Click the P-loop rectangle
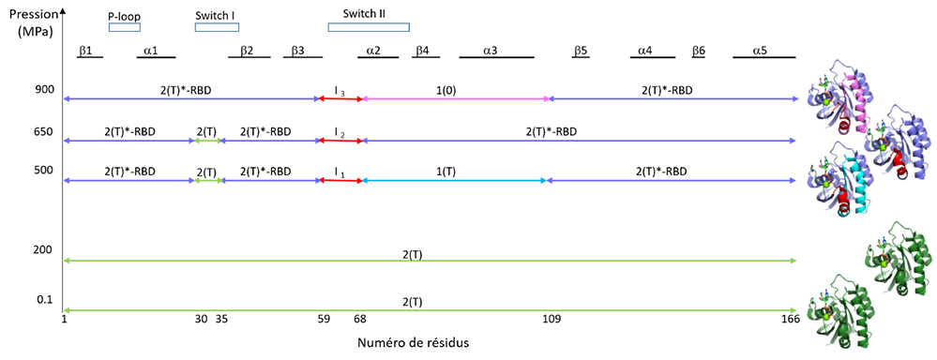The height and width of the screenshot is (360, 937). (x=125, y=27)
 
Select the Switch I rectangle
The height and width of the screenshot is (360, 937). (x=217, y=27)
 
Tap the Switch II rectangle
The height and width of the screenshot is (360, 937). (x=369, y=27)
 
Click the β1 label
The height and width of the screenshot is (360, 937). (x=85, y=50)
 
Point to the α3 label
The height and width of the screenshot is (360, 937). (x=491, y=50)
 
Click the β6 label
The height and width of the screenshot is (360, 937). (x=699, y=50)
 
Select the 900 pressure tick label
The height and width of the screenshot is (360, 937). (x=45, y=90)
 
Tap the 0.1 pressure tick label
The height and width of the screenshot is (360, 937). (x=45, y=299)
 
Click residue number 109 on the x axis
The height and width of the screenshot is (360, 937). (x=551, y=320)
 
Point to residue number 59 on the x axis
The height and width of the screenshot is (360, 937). (x=324, y=320)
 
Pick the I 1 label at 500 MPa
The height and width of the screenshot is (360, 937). (x=340, y=172)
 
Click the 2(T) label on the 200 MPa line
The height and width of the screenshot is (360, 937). (x=413, y=254)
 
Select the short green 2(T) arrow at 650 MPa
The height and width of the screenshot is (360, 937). (x=205, y=141)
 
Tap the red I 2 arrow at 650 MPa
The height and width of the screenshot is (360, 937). (x=340, y=141)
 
